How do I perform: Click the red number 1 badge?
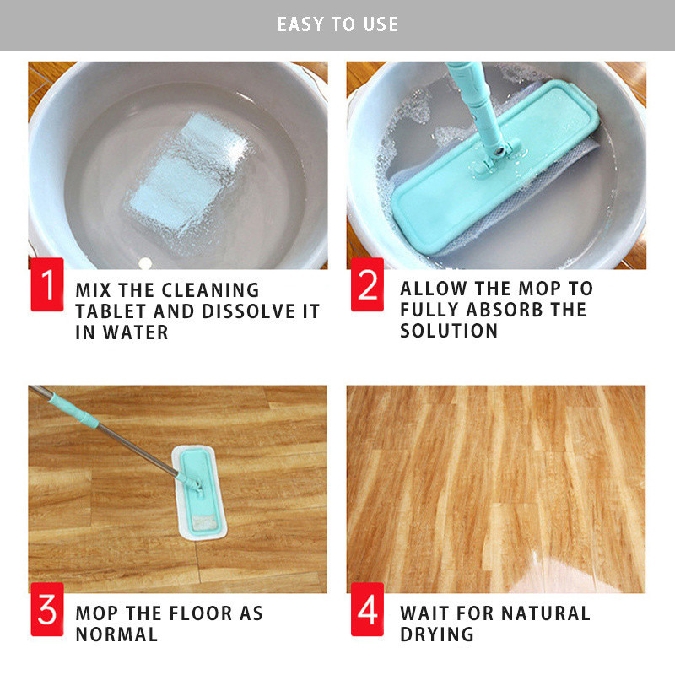pyautogui.click(x=47, y=284)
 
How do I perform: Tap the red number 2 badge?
pyautogui.click(x=367, y=284)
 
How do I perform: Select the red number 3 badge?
pyautogui.click(x=47, y=609)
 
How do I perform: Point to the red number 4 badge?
pyautogui.click(x=367, y=609)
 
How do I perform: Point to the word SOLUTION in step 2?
pyautogui.click(x=449, y=331)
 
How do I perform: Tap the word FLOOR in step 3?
pyautogui.click(x=200, y=613)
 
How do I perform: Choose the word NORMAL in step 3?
pyautogui.click(x=116, y=634)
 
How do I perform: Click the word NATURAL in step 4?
pyautogui.click(x=545, y=613)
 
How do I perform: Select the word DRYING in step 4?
pyautogui.click(x=437, y=634)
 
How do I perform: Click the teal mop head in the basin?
pyautogui.click(x=495, y=168)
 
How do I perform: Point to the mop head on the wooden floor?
pyautogui.click(x=199, y=492)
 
